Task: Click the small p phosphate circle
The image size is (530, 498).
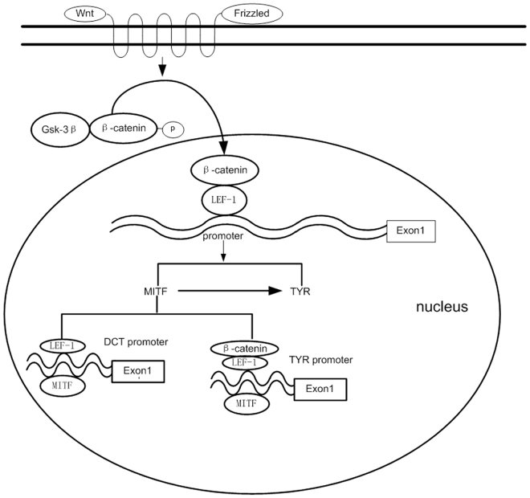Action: click(173, 128)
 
